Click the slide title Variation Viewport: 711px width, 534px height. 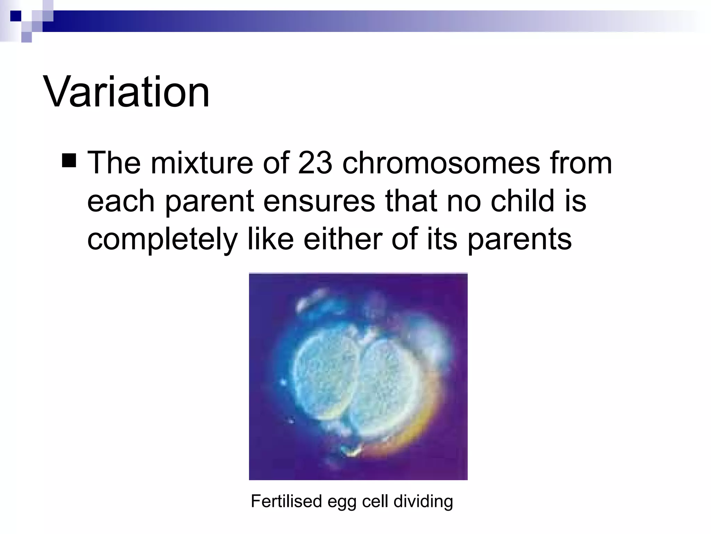[126, 92]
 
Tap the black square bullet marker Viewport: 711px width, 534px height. [69, 161]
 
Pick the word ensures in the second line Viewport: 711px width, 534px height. [319, 201]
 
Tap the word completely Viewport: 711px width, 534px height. [162, 240]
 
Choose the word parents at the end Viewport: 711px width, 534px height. [519, 240]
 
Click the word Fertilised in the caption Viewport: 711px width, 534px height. [286, 501]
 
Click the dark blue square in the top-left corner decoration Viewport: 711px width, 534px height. [16, 16]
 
